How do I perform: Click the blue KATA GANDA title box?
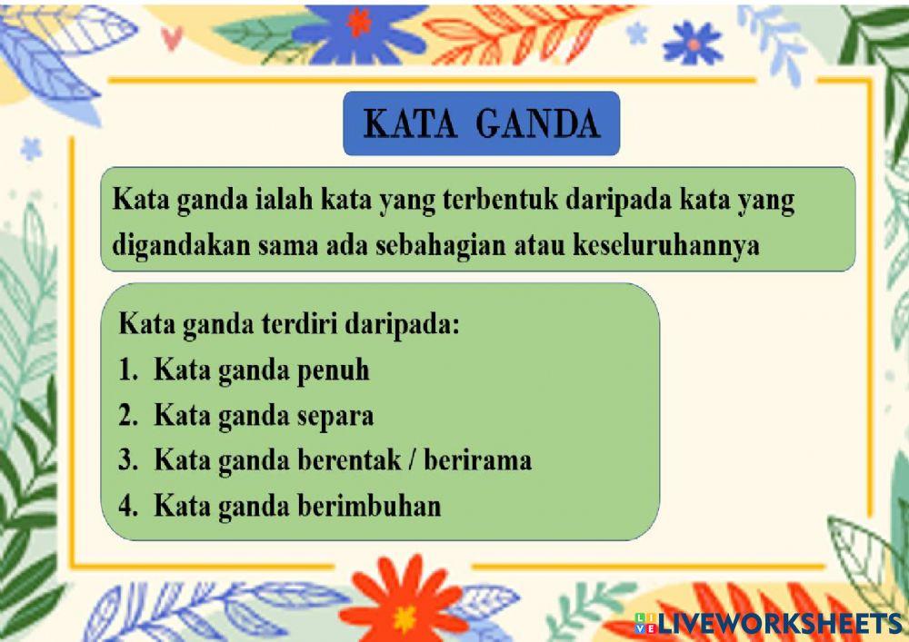coord(481,123)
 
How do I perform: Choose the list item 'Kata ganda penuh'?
coord(261,370)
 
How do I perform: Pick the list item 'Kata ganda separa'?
coord(264,416)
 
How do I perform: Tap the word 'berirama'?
coord(480,460)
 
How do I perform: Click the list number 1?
coord(126,370)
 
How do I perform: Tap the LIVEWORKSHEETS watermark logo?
coord(768,624)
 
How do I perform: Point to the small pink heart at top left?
coord(172,37)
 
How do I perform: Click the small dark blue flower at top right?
coord(693,43)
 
